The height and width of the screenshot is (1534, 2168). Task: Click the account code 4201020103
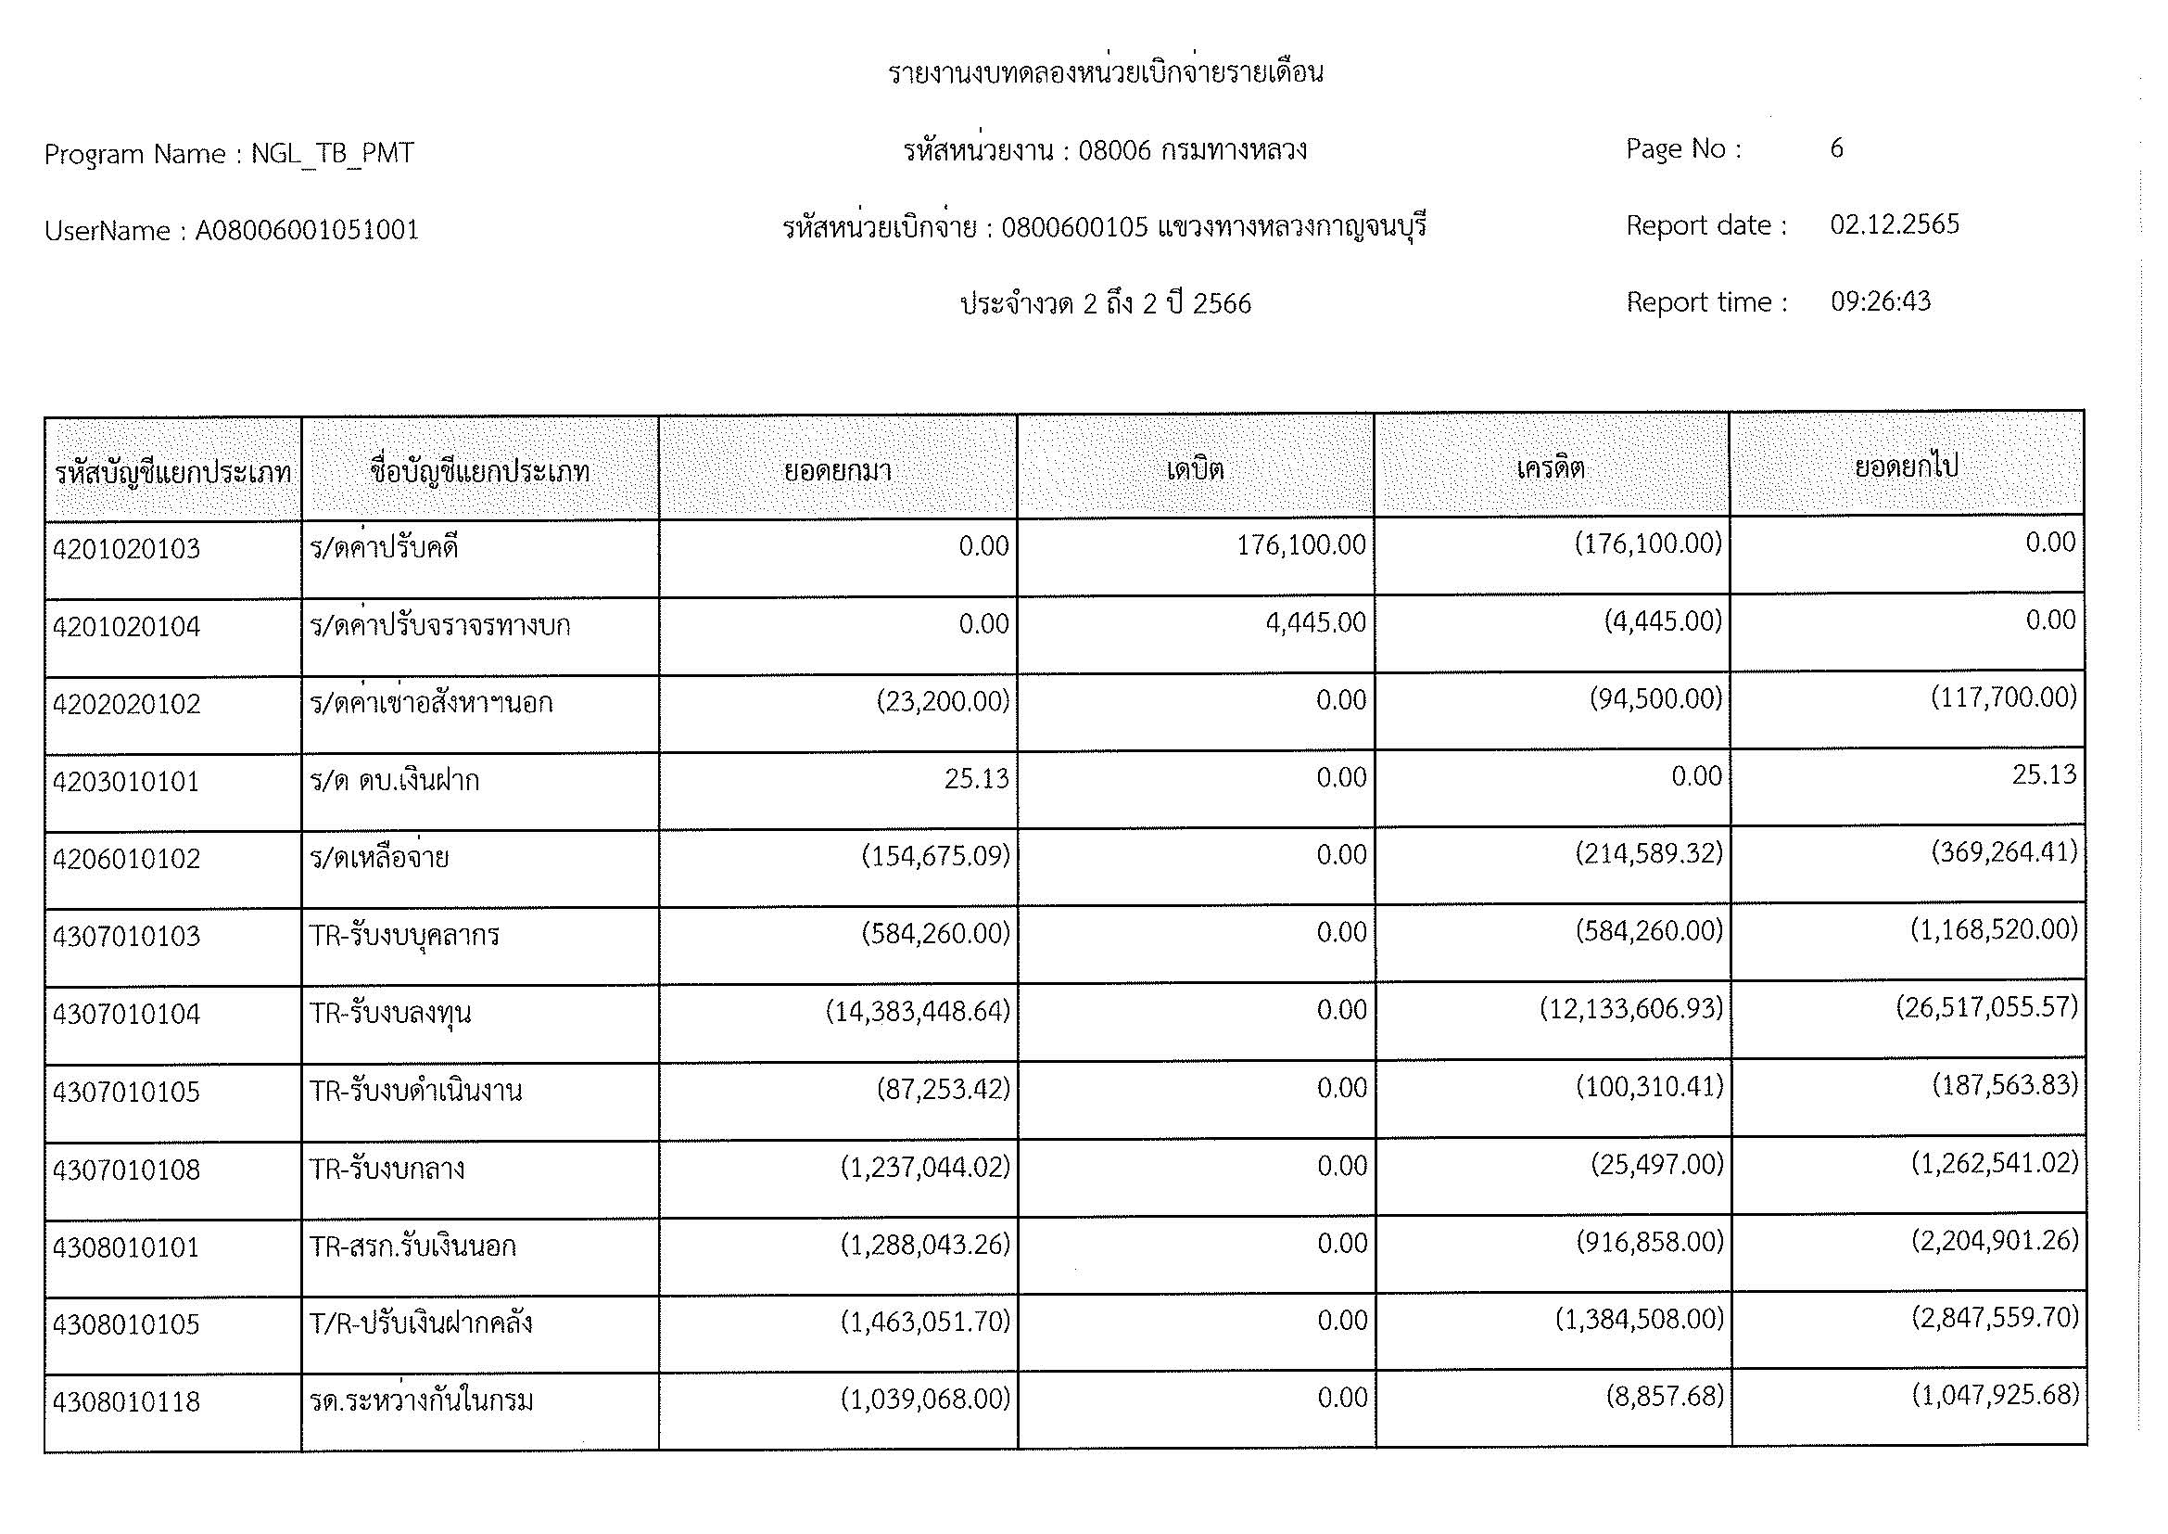coord(127,549)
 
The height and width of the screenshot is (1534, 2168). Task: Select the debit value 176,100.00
coord(1300,545)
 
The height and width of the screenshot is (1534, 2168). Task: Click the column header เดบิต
coord(1196,468)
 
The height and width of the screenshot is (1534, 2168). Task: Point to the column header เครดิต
coord(1551,467)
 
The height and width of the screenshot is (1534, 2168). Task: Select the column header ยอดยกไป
coord(1906,466)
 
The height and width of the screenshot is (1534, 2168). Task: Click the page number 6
coord(1836,148)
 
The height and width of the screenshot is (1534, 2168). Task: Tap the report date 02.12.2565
coord(1895,224)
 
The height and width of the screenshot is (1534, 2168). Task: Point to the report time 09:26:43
coord(1880,301)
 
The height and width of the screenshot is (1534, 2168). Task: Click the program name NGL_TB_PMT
coord(333,154)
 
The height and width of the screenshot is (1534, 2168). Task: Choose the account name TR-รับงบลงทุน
coord(391,1014)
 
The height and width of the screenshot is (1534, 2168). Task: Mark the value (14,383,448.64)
coord(918,1012)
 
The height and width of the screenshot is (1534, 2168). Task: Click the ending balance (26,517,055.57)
coord(1986,1007)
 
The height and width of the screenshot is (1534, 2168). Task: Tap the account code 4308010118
coord(127,1401)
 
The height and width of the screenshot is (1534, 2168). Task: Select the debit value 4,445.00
coord(1315,622)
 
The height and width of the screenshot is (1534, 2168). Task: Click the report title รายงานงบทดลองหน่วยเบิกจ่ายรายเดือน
coord(1106,72)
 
